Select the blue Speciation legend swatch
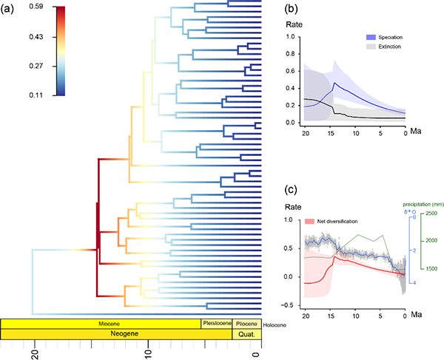pos(359,36)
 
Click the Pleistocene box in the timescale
pos(217,323)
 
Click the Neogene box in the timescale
pos(116,334)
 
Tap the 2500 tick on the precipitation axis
pos(431,214)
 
